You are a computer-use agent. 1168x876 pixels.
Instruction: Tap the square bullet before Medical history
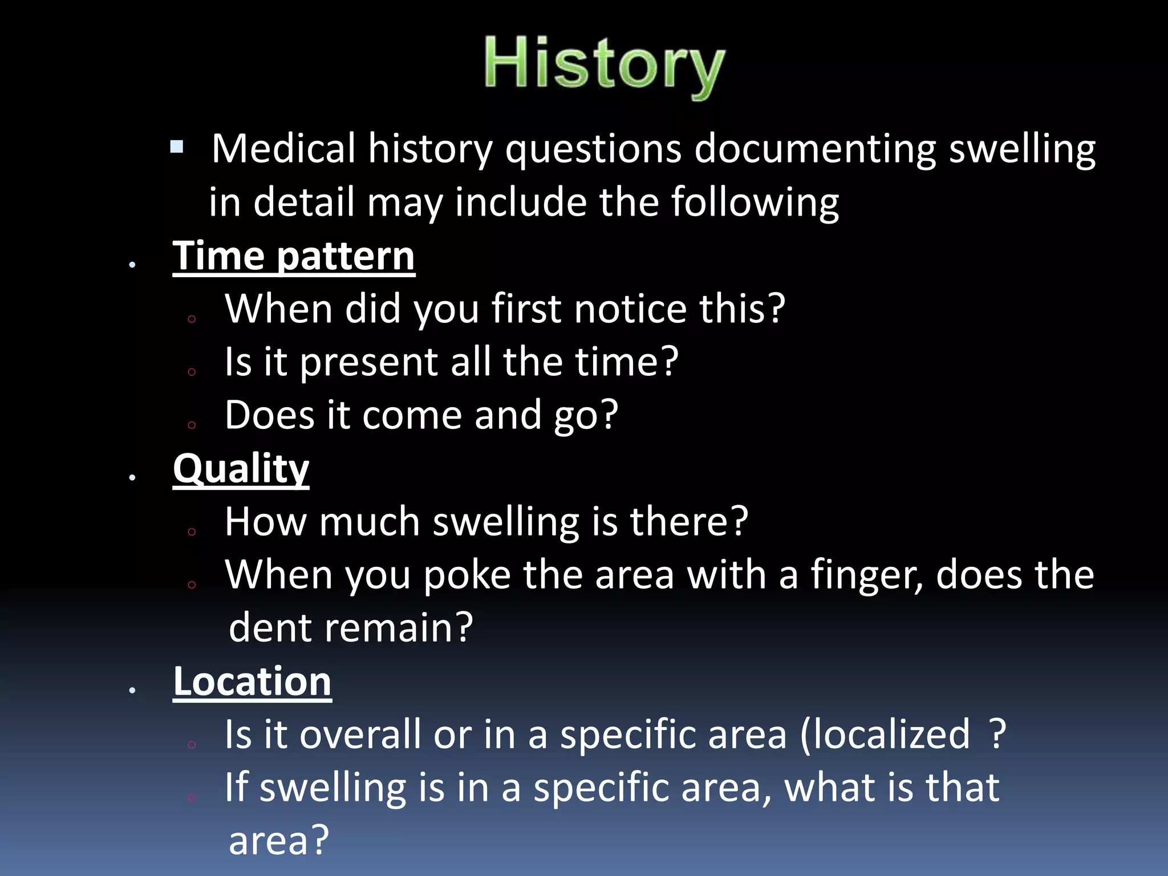177,147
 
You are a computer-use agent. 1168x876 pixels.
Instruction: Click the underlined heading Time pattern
294,256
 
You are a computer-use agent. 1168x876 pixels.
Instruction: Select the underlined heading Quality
241,469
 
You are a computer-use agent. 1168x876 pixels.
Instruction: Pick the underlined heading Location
252,682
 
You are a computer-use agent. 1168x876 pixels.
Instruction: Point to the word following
754,202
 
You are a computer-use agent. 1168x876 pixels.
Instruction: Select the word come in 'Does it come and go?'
411,416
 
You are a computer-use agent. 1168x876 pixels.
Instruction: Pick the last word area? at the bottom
278,841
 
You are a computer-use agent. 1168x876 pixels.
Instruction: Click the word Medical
283,149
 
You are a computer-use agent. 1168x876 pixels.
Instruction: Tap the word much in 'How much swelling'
369,522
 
